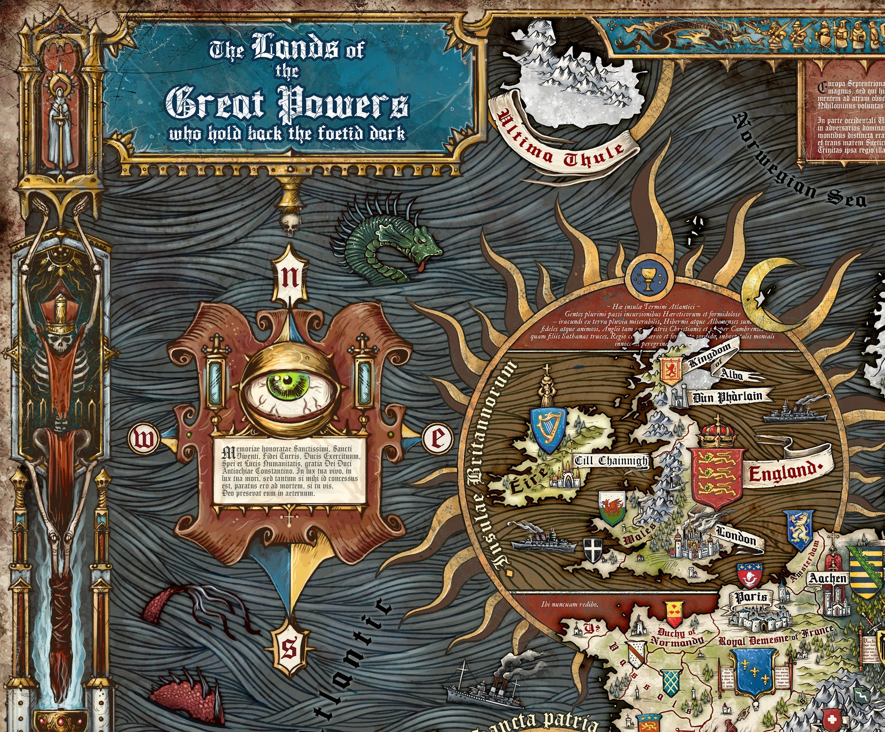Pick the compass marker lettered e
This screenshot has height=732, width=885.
[x=437, y=438]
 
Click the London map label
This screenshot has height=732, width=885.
[x=736, y=537]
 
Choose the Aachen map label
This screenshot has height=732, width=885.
[x=828, y=578]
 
